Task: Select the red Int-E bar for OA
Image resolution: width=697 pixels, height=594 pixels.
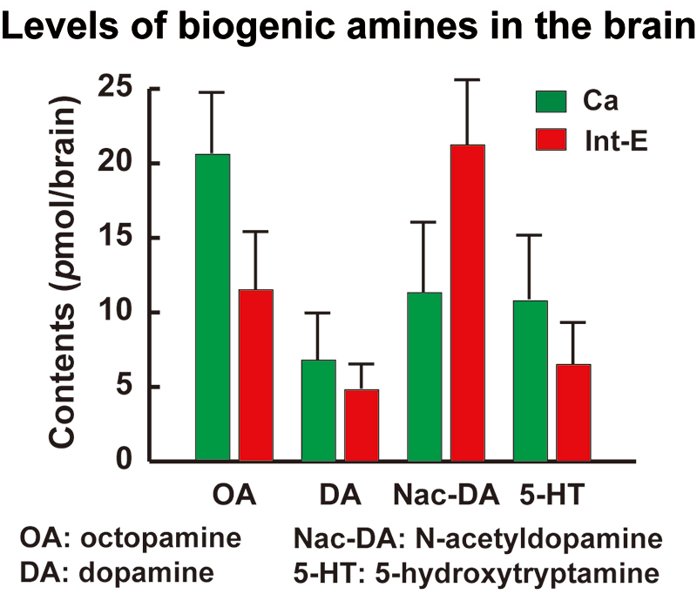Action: click(256, 375)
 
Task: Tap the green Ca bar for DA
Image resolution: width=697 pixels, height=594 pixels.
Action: click(319, 409)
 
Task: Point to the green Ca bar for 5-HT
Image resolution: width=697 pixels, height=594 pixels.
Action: click(531, 380)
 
